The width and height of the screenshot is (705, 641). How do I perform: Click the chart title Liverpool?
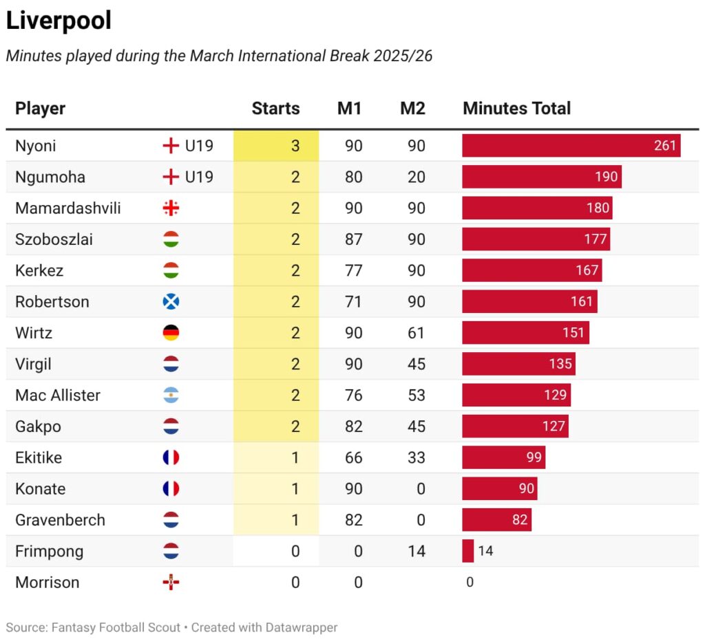59,21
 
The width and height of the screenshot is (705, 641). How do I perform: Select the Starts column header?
275,109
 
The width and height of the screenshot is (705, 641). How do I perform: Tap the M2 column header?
412,109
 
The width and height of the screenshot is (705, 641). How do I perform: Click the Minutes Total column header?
516,109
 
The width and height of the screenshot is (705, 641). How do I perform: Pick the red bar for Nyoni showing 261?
571,146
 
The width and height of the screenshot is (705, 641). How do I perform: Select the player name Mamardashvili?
67,208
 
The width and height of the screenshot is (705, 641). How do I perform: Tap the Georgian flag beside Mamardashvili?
171,208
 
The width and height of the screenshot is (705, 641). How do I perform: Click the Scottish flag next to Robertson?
171,302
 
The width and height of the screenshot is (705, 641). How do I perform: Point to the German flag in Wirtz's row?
171,334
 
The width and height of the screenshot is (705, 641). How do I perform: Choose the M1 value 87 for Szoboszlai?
353,239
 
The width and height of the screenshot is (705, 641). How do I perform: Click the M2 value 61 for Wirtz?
416,334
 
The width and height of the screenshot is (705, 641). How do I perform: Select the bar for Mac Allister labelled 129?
516,395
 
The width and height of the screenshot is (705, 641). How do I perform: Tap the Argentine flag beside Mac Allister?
171,395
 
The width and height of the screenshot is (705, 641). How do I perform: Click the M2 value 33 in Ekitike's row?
416,458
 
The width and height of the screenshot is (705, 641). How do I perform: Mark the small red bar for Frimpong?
467,551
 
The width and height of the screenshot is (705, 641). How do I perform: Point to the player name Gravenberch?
60,520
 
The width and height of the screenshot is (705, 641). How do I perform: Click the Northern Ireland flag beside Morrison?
171,583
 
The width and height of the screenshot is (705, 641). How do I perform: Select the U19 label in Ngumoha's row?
199,177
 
